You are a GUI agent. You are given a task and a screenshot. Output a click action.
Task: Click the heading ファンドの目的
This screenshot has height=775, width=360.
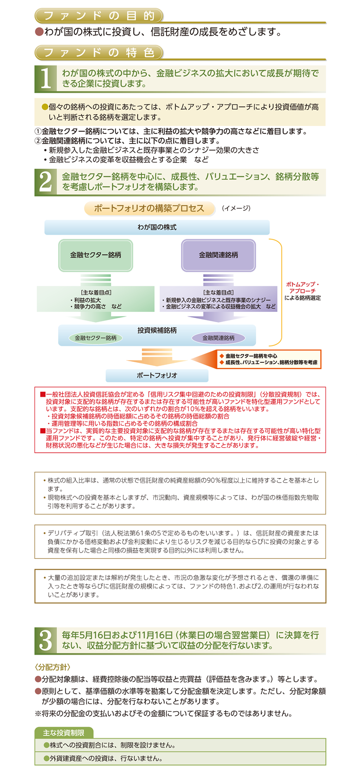pos(99,15)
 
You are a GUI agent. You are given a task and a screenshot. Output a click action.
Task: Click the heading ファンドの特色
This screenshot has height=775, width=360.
pos(99,52)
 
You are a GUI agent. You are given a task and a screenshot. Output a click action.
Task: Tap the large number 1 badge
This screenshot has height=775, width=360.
pos(46,79)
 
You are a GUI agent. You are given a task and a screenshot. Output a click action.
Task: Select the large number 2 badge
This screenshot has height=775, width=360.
pos(46,182)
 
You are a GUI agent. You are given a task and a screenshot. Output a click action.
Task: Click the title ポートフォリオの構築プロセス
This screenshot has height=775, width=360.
pos(149,208)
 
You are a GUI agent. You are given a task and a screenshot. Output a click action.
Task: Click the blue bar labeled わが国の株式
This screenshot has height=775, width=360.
pos(157,227)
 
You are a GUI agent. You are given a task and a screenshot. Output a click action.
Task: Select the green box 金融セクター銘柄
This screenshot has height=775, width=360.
pos(96,255)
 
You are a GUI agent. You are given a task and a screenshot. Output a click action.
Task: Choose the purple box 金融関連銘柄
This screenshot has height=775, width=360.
pos(218,255)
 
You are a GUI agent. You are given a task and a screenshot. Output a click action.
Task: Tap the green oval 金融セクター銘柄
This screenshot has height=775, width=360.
pos(96,338)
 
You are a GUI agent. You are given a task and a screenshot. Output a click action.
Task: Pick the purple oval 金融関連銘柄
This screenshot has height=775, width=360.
pos(218,338)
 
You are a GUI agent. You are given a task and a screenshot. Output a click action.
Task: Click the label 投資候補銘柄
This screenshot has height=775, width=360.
pos(157,330)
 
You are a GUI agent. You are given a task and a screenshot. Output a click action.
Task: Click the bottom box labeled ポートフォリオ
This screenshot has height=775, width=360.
pos(157,375)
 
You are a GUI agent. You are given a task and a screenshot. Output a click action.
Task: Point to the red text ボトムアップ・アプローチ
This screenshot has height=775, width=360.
pos(302,288)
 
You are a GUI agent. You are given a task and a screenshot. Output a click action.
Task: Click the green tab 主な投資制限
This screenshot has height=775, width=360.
pos(64,733)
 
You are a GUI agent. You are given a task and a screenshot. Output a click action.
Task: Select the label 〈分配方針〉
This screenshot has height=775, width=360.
pos(53,667)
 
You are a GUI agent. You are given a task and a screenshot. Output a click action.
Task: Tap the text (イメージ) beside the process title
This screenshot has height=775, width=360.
pos(236,208)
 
